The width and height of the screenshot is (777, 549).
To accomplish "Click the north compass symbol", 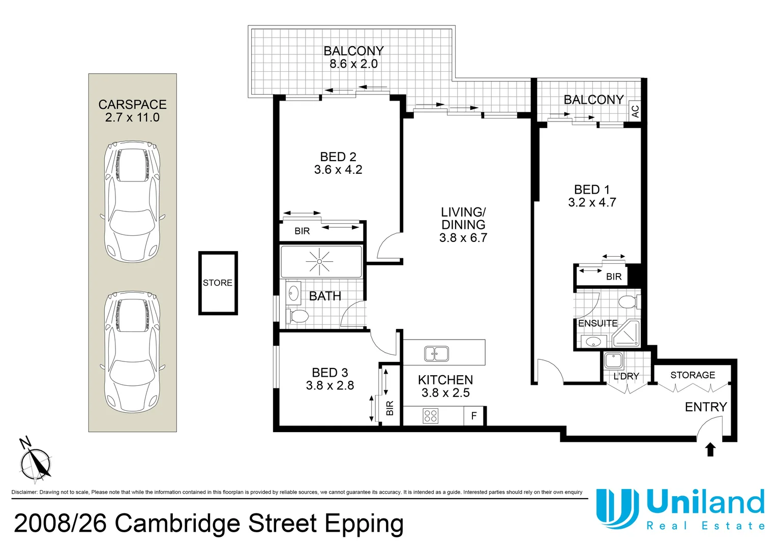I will click(35, 462).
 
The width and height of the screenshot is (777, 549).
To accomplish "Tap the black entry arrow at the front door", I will click(710, 449).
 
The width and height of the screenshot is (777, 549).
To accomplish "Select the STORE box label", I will click(218, 283).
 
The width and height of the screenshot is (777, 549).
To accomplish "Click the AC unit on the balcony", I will click(635, 110).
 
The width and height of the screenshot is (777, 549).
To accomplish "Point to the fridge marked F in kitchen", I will click(474, 416).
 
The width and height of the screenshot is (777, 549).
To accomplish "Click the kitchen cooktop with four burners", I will click(431, 416).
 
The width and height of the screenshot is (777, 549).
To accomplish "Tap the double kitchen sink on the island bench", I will click(436, 353).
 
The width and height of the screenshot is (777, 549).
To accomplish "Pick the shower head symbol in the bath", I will click(319, 261).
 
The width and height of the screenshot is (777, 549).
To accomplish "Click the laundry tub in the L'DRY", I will click(613, 361).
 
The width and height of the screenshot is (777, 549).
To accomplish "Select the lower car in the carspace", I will click(132, 352).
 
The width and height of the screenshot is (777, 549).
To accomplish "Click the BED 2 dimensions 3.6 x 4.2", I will click(338, 170).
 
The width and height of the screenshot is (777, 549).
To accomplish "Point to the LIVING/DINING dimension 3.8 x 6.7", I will click(463, 238).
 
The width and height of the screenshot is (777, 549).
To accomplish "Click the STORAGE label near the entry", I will click(693, 375).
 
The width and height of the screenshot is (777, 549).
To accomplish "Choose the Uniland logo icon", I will click(617, 508).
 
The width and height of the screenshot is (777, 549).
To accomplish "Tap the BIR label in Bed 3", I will click(390, 408).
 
